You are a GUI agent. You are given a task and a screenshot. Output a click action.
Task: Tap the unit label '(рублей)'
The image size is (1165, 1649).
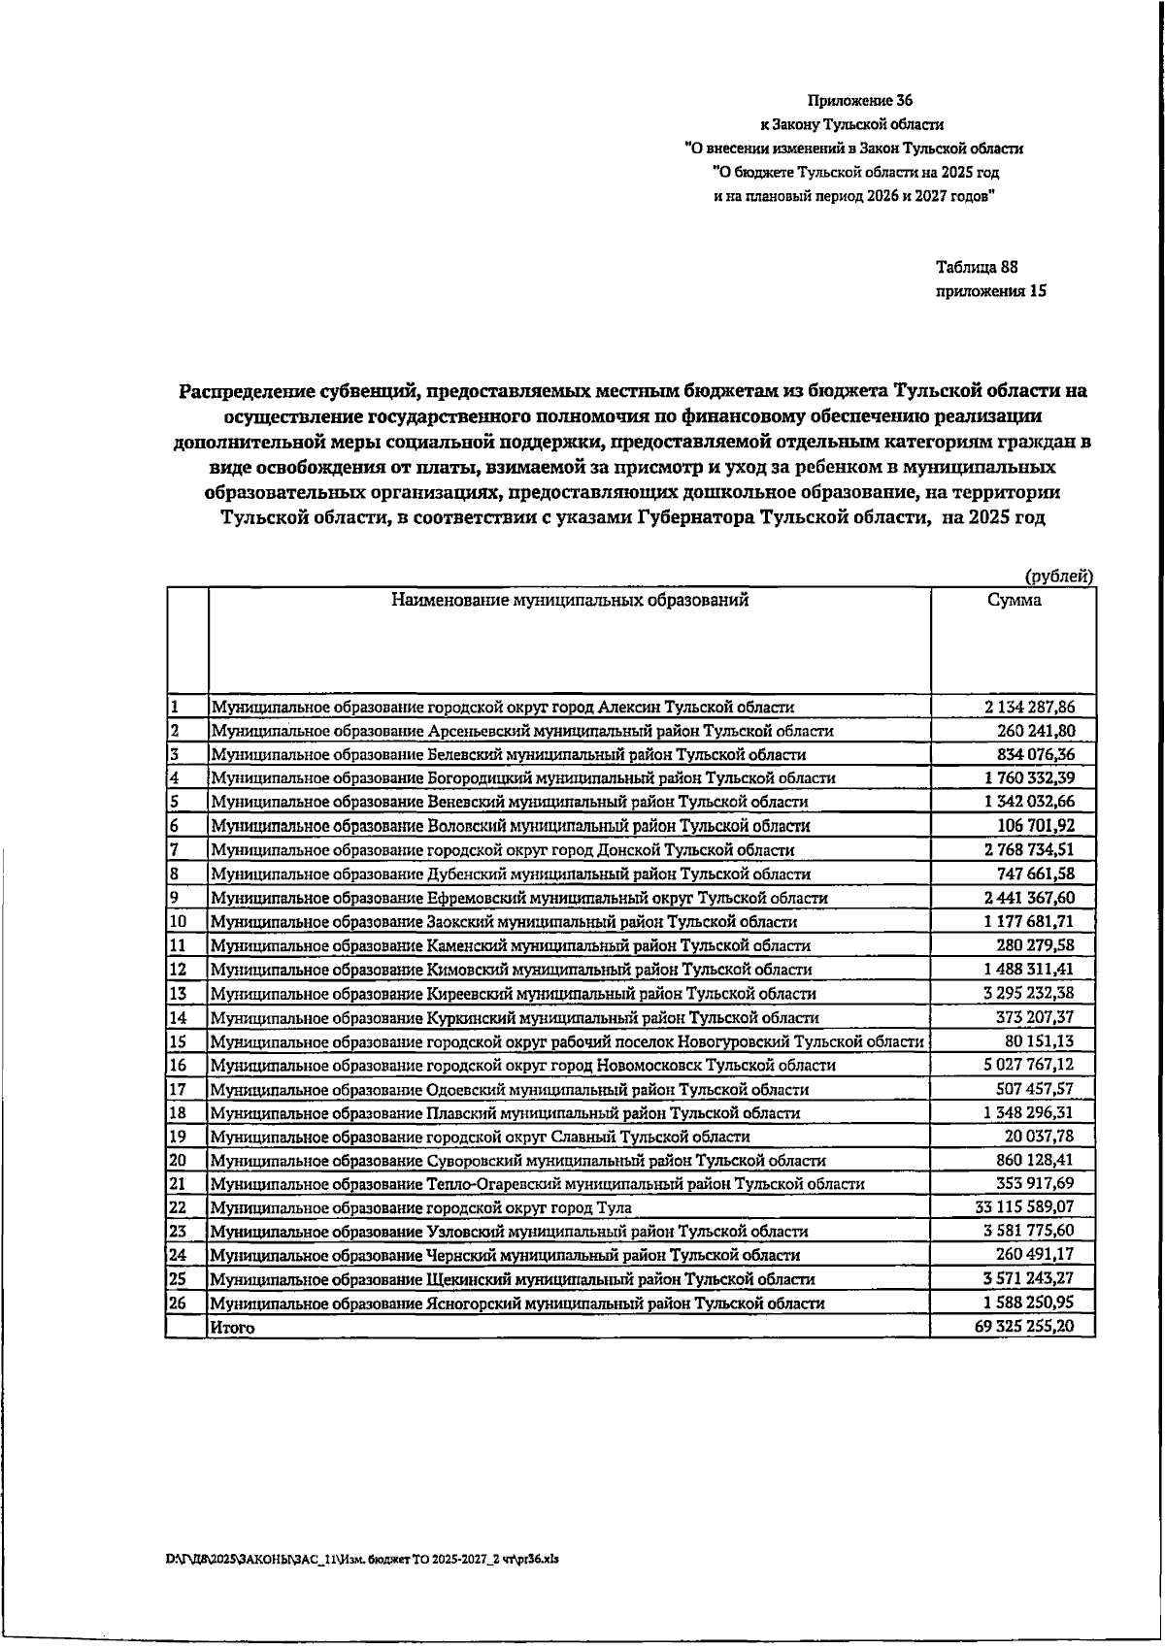(1059, 576)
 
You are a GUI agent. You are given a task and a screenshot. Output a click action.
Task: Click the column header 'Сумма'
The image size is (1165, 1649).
(1014, 601)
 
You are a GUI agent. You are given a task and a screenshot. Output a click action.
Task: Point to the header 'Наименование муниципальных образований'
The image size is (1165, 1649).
(570, 601)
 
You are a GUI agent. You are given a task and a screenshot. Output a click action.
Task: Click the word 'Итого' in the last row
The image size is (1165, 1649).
(233, 1328)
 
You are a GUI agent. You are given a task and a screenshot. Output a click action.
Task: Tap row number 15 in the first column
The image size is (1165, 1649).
(178, 1041)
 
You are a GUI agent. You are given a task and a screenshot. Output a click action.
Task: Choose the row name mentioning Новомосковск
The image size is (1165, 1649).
(522, 1066)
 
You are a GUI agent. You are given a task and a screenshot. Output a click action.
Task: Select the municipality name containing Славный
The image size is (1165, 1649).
(481, 1137)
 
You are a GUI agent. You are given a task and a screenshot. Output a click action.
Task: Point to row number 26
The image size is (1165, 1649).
(178, 1303)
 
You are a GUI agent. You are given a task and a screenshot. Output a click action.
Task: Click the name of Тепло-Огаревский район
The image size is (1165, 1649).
(537, 1184)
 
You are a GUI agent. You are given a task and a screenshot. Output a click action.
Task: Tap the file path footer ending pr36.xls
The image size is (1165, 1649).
(363, 1559)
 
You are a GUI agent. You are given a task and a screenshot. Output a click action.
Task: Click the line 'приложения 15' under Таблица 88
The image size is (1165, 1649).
(990, 291)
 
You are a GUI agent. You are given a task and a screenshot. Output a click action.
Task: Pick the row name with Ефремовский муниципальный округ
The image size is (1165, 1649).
(519, 899)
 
